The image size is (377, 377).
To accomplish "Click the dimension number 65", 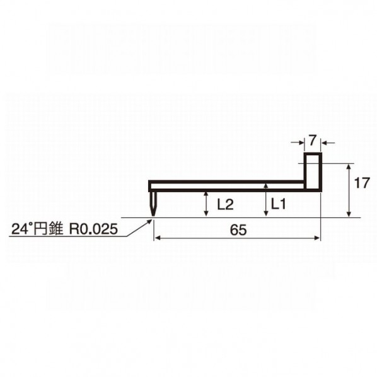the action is coord(238,230).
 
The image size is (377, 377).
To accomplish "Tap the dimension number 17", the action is coord(362,183).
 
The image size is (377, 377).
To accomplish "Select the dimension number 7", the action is coord(312,141).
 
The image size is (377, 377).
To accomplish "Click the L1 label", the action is coord(279,204).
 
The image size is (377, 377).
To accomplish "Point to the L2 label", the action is coord(225,205).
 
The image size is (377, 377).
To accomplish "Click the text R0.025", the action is coord(93,229).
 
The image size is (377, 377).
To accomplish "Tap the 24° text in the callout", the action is coord(21,228).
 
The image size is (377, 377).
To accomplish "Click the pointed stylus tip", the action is coord(153,216).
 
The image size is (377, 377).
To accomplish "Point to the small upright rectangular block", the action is coord(313,172).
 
